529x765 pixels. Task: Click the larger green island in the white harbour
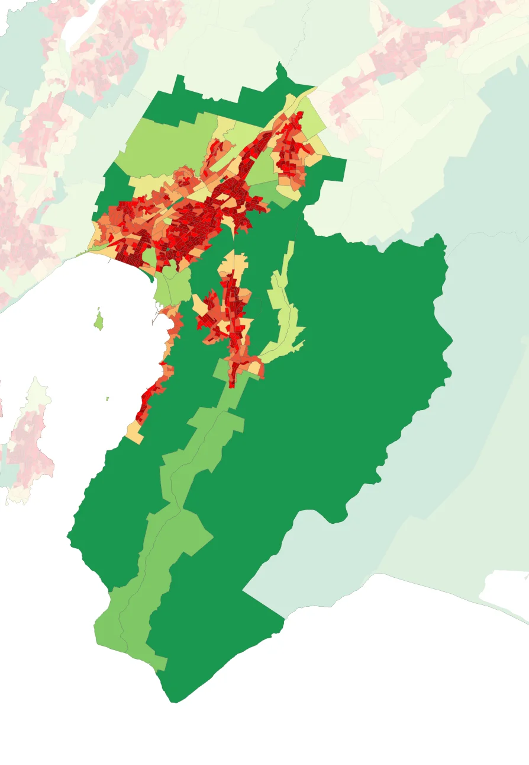click(99, 321)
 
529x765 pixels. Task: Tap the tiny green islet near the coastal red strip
click(107, 399)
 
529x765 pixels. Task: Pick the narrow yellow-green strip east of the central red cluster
click(281, 308)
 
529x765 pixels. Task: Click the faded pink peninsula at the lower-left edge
click(27, 438)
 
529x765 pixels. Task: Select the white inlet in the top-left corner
click(77, 33)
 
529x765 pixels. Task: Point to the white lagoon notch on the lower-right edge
click(503, 584)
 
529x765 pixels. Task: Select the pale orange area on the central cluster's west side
click(199, 305)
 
